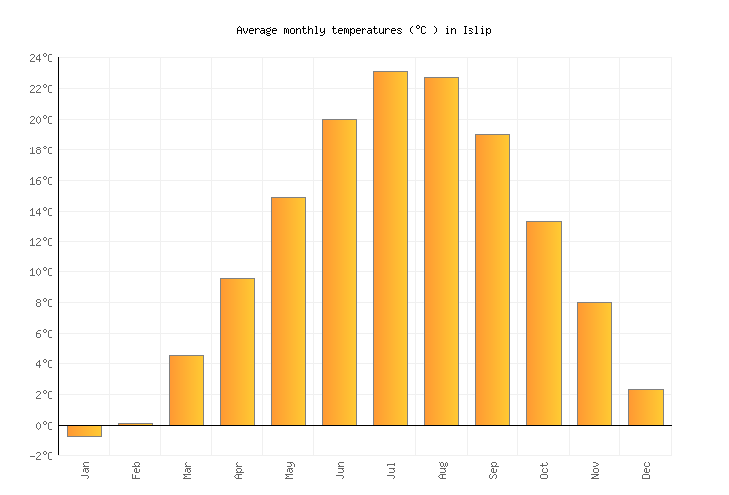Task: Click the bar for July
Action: [390, 248]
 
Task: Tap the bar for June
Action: [339, 272]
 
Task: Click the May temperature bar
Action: [288, 311]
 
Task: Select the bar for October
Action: [543, 323]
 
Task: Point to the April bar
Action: [237, 351]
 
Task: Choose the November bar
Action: [594, 363]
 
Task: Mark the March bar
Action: [186, 390]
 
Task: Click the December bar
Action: [645, 407]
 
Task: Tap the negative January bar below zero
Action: [84, 431]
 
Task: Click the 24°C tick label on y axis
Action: [41, 59]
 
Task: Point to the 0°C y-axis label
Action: [44, 426]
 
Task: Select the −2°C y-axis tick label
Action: [41, 456]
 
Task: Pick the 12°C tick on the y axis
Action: [41, 243]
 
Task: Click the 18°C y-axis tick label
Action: [41, 150]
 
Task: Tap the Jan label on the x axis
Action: [85, 469]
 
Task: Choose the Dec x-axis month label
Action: [646, 469]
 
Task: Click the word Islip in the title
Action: [476, 30]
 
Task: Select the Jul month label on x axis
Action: [391, 469]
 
